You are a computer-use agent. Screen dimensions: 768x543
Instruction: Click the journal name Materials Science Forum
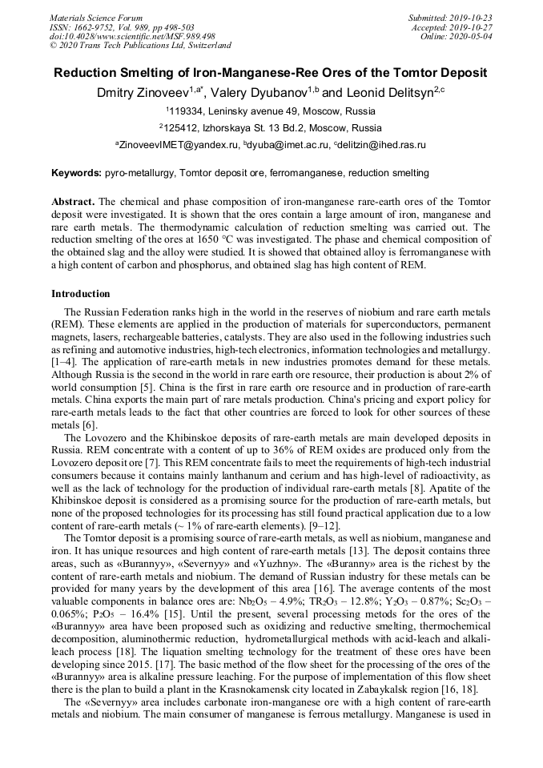tap(96, 17)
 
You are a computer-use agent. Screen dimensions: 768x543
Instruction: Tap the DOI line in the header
tap(131, 36)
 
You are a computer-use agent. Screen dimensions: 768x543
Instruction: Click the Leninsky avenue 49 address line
tap(271, 111)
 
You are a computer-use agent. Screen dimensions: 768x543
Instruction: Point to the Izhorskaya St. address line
tap(271, 127)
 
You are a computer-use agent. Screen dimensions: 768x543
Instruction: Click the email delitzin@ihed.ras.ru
tap(383, 145)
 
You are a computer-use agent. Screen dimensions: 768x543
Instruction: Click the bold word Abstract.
tap(74, 200)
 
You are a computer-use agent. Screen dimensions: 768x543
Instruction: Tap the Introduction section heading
tap(81, 294)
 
